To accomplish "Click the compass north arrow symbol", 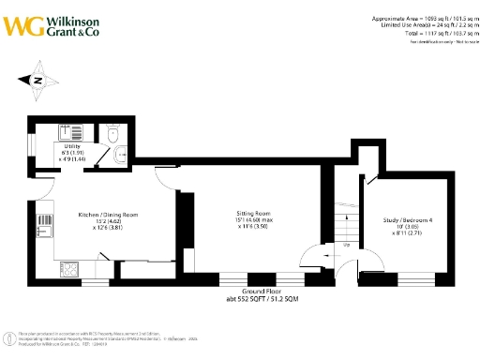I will point(37,80).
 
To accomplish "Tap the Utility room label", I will point(72,147).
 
